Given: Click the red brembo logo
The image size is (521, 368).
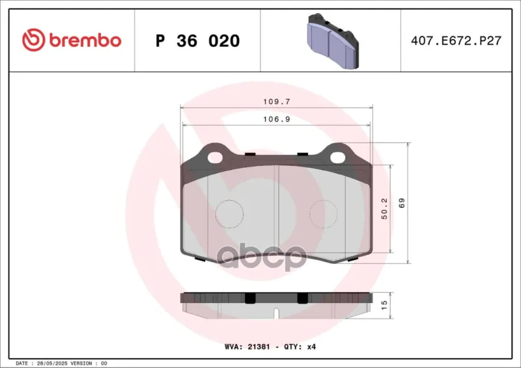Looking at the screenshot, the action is coord(72,40).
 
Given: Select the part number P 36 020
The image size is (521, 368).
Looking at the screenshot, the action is coord(198,41).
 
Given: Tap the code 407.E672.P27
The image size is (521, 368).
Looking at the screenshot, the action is coord(456,41).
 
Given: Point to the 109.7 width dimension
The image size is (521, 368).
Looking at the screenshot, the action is coord(277,101).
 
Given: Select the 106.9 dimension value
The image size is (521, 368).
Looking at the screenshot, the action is coord(277,119).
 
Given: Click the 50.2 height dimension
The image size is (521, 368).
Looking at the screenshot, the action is coord(384,209).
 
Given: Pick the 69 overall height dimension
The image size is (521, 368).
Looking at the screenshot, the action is coord(402,203).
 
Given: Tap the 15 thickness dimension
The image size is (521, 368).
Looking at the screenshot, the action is coord(384,305).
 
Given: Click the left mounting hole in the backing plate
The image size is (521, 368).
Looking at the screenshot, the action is coord(215,157).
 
